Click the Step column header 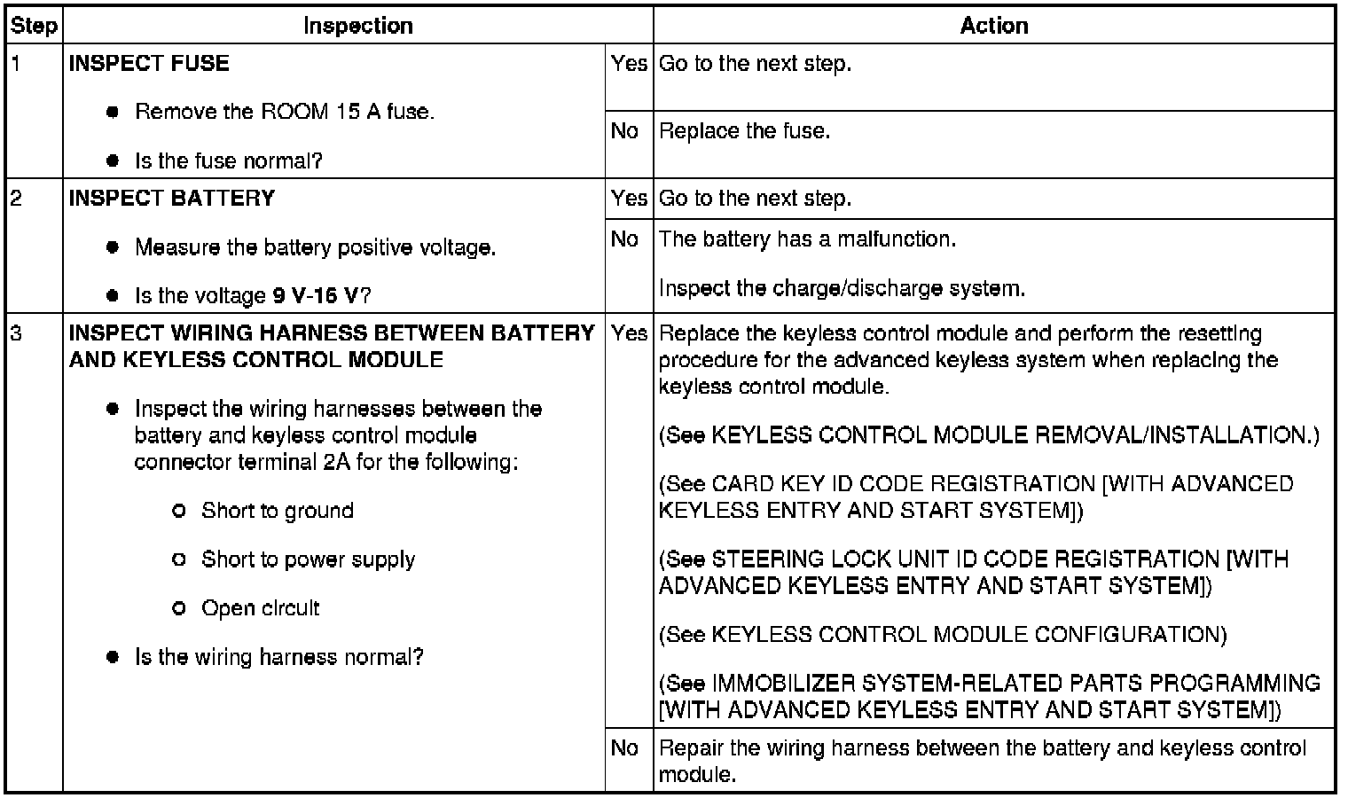pyautogui.click(x=34, y=26)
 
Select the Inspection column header pyautogui.click(x=357, y=26)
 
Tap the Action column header pyautogui.click(x=993, y=26)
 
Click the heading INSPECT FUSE pyautogui.click(x=149, y=63)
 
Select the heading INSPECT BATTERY pyautogui.click(x=172, y=198)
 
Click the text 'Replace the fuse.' pyautogui.click(x=744, y=131)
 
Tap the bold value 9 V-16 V pyautogui.click(x=316, y=295)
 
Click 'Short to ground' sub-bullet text pyautogui.click(x=277, y=511)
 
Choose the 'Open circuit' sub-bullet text pyautogui.click(x=260, y=608)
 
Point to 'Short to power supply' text pyautogui.click(x=308, y=559)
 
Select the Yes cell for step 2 pyautogui.click(x=628, y=198)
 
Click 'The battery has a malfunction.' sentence pyautogui.click(x=807, y=239)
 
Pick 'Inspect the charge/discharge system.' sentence pyautogui.click(x=842, y=288)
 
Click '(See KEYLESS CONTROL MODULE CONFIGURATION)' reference pyautogui.click(x=943, y=635)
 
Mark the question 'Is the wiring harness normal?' pyautogui.click(x=278, y=657)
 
